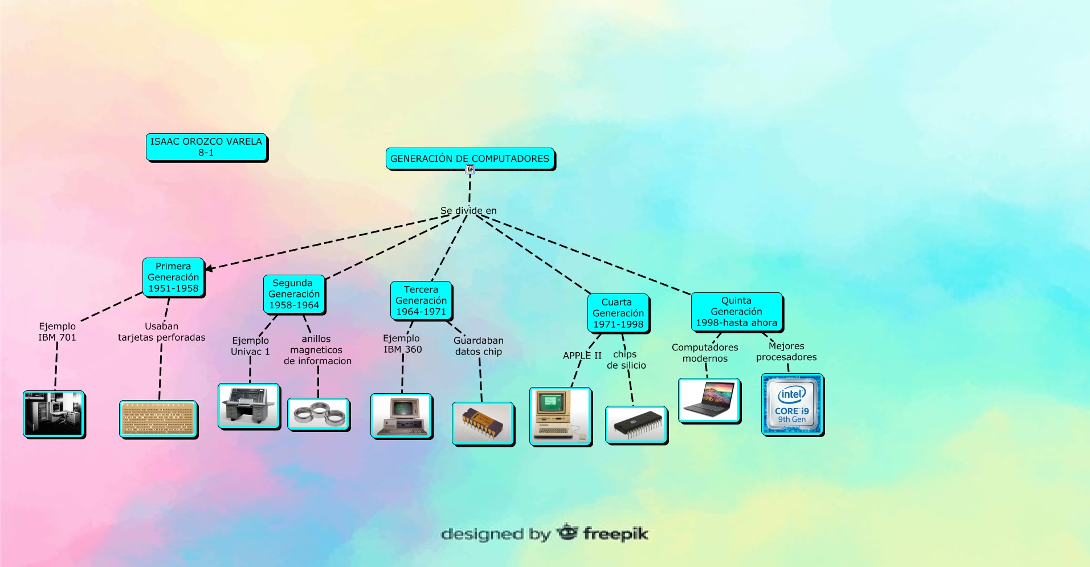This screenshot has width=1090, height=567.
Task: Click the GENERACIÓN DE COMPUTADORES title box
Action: pyautogui.click(x=470, y=158)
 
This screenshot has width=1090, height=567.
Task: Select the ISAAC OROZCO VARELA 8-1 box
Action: pyautogui.click(x=206, y=147)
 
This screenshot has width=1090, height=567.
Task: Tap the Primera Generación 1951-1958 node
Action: pyautogui.click(x=173, y=277)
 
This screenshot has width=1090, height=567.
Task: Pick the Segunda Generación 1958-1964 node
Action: pyautogui.click(x=294, y=294)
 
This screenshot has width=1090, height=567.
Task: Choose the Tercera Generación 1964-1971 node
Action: pyautogui.click(x=421, y=300)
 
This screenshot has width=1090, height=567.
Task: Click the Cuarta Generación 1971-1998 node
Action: pyautogui.click(x=618, y=313)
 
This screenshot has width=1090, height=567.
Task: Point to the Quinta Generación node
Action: pyautogui.click(x=736, y=312)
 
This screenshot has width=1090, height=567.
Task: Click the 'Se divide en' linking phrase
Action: pyautogui.click(x=468, y=210)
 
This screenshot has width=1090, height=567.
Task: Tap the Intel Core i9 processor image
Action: pyautogui.click(x=792, y=405)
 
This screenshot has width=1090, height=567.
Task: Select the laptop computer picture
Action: pyautogui.click(x=709, y=400)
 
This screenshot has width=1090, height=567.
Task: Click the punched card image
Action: pyautogui.click(x=158, y=419)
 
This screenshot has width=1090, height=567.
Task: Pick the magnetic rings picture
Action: pyautogui.click(x=318, y=414)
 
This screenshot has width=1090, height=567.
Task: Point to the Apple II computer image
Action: pyautogui.click(x=560, y=416)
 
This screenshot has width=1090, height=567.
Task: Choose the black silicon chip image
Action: pyautogui.click(x=636, y=425)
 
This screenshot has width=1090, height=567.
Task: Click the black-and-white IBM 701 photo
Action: pyautogui.click(x=54, y=414)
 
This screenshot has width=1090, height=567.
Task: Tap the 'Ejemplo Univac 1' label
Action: pyautogui.click(x=250, y=346)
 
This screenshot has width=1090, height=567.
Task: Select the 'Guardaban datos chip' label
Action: pyautogui.click(x=479, y=346)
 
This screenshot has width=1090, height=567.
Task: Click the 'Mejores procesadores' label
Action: pyautogui.click(x=786, y=352)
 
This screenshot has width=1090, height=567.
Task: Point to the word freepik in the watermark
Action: pyautogui.click(x=615, y=534)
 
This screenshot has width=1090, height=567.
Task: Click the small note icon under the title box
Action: pyautogui.click(x=470, y=169)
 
